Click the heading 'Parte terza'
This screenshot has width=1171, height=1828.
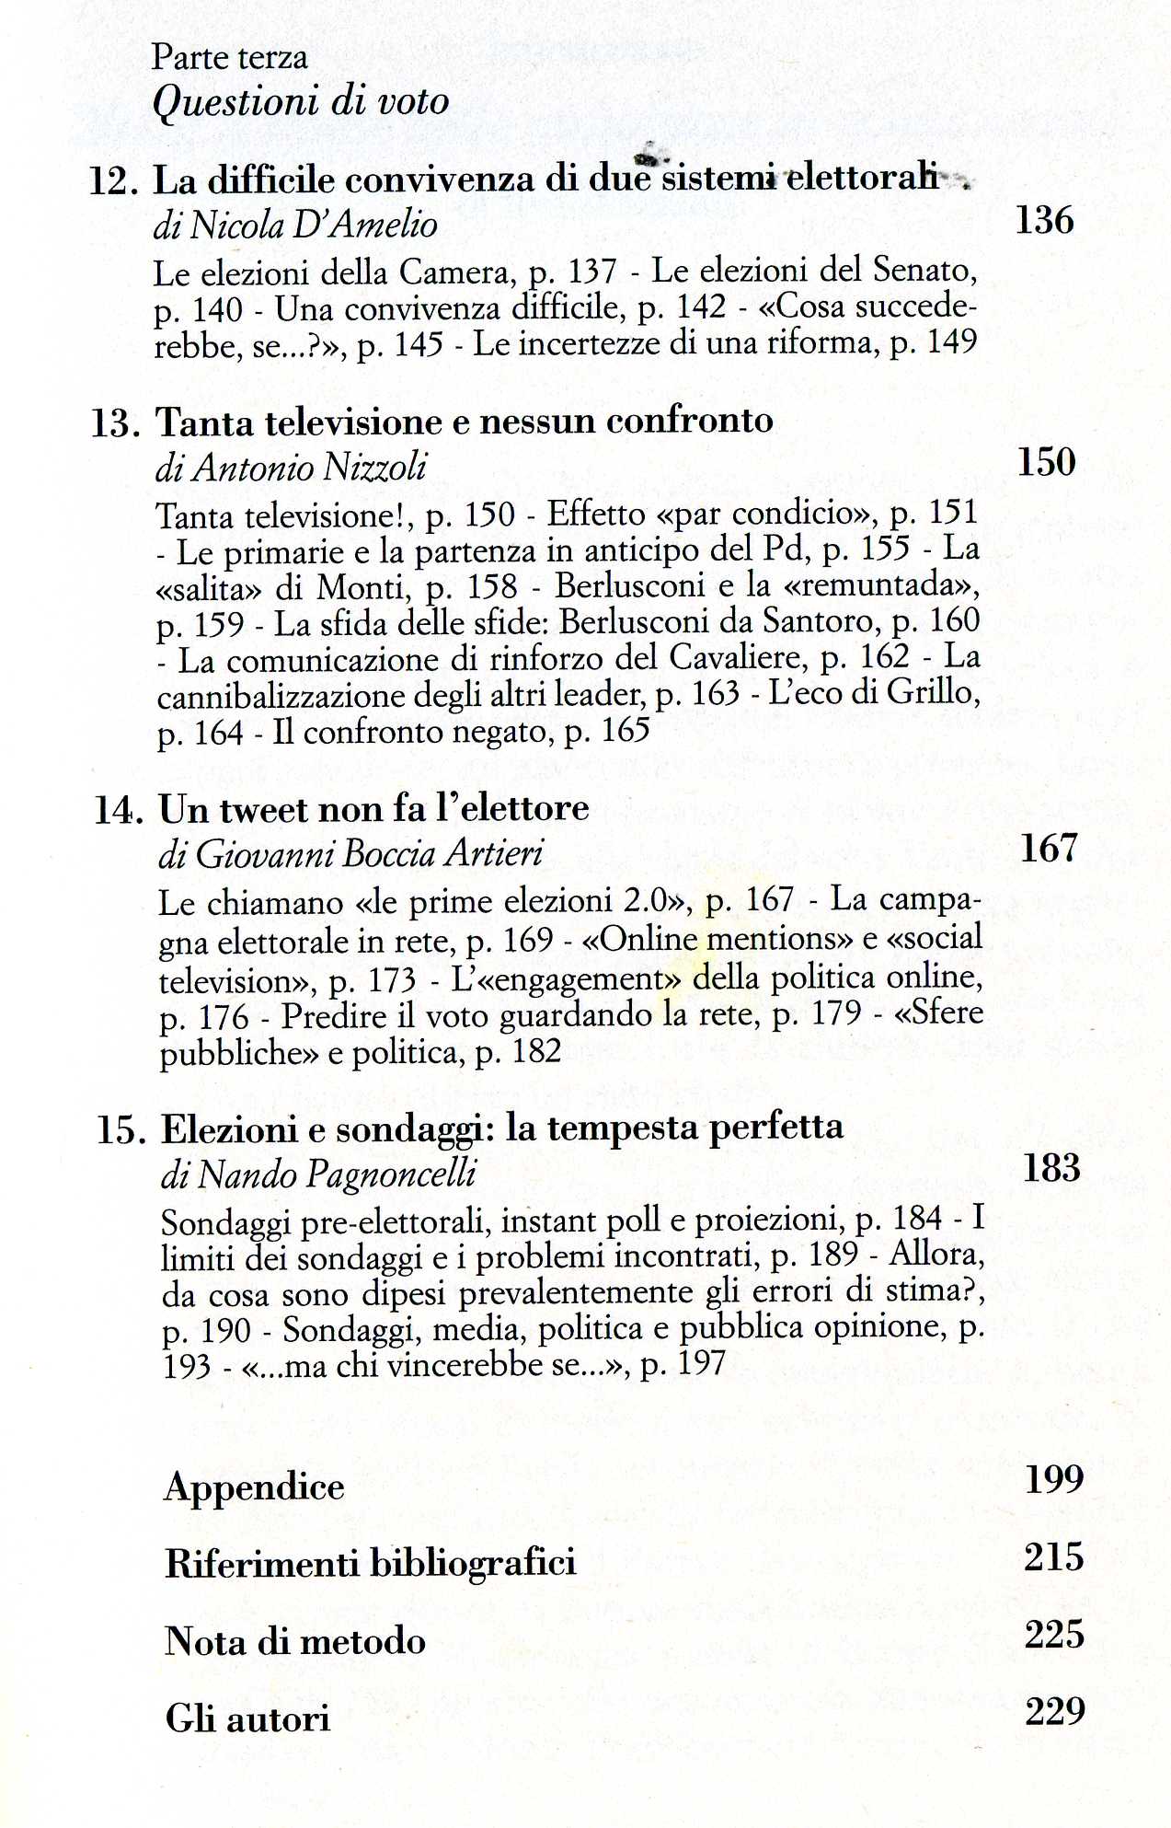point(229,57)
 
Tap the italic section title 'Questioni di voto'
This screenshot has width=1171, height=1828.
point(300,101)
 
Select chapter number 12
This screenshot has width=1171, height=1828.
point(113,181)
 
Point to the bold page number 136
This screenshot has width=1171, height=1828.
point(1044,221)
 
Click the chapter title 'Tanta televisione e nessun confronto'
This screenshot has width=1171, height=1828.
point(465,422)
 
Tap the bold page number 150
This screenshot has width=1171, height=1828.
point(1046,462)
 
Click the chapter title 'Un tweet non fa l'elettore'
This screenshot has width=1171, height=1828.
point(374,809)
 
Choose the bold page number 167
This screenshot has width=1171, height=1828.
point(1049,848)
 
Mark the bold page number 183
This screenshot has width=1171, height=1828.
point(1051,1168)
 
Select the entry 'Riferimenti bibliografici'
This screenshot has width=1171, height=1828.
point(370,1563)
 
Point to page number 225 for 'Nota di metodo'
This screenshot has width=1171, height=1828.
point(1054,1635)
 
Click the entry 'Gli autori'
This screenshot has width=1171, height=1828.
point(247,1718)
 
